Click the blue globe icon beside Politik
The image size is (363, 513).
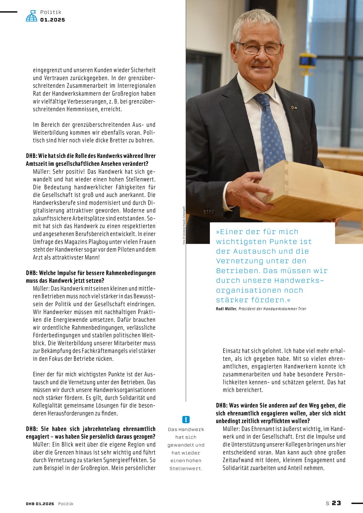pos(31,16)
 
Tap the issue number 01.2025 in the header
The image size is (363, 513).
pos(53,20)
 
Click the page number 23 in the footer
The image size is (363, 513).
pos(336,503)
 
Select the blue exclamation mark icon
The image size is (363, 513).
pos(186,419)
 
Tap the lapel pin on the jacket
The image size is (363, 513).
pos(294,108)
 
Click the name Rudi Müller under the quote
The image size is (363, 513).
pos(226,309)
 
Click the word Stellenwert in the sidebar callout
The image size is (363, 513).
pos(186,469)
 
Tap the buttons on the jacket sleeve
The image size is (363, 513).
pos(209,211)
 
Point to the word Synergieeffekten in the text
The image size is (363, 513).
pos(126,460)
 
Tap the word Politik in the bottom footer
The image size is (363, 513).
pos(66,504)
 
